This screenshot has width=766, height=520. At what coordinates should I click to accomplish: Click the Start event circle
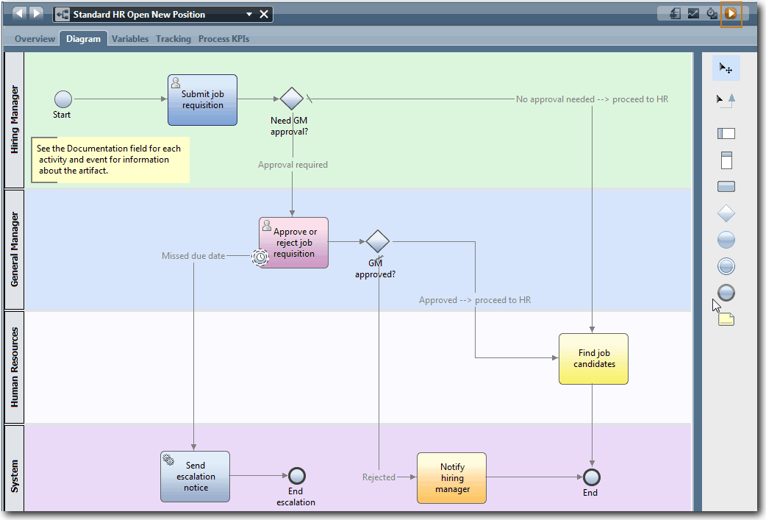pos(63,99)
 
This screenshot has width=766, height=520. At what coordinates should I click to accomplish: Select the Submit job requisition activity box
pos(202,100)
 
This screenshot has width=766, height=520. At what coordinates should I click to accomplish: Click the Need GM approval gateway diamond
pos(292,99)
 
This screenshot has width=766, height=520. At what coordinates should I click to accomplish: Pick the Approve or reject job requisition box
pos(293,243)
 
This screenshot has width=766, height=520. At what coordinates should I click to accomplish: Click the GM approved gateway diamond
pos(377,241)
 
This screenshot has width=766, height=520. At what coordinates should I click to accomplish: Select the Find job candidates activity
pos(593,359)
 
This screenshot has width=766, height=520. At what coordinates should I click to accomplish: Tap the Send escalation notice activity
pos(195,477)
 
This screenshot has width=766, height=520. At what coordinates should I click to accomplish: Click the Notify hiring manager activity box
pos(451,478)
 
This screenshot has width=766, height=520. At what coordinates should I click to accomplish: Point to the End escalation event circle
pos(297,476)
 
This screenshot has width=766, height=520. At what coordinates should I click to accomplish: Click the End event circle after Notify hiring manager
pos(590,477)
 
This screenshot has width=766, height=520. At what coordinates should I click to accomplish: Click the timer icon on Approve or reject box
pos(259,257)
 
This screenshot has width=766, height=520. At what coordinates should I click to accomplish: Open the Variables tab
pos(130,39)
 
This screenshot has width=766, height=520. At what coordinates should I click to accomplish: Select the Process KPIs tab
pos(223,39)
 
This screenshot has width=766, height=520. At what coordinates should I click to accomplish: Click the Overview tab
pos(35,39)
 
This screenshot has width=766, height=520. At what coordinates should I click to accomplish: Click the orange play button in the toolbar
pos(731,13)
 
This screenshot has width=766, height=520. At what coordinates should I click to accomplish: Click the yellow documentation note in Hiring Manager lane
pos(110,160)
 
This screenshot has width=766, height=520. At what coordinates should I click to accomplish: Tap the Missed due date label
pos(193,256)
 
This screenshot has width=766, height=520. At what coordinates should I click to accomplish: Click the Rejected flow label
pos(379,477)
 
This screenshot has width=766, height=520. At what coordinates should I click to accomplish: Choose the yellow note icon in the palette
pos(726,319)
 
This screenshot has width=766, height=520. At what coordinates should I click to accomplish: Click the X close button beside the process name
pos(264,15)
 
